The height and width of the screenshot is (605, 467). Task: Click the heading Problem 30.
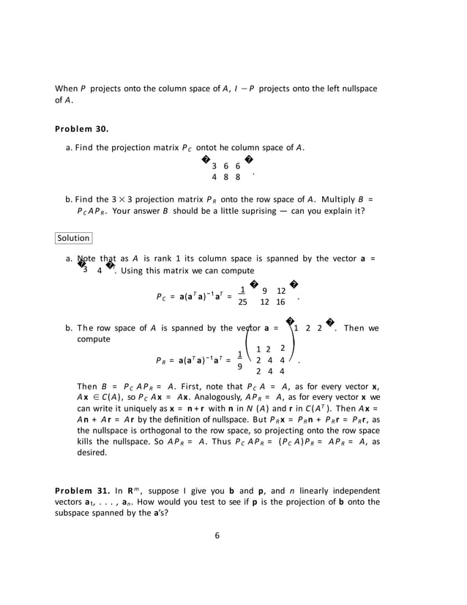coord(81,129)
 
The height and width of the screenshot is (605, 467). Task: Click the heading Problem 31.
coord(81,490)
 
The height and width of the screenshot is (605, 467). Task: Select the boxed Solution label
coord(73,238)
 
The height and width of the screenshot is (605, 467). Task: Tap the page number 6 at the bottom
coord(217,535)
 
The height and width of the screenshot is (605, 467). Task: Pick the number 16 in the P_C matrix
coord(281,302)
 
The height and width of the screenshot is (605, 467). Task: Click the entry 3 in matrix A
coord(214,166)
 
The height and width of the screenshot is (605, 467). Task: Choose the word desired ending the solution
coord(92,453)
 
